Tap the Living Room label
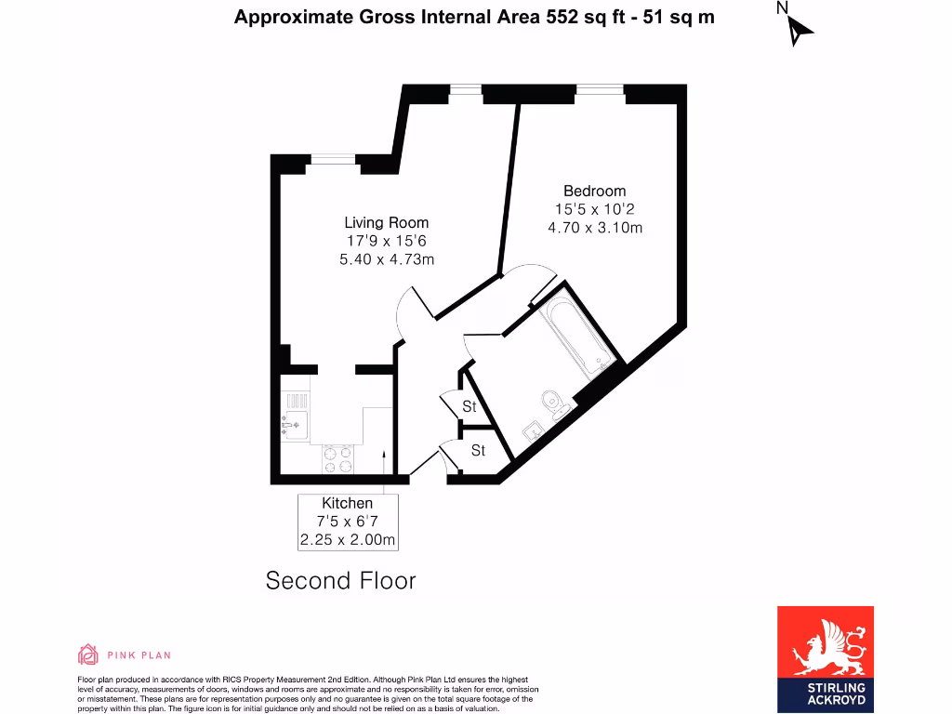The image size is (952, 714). coord(387,222)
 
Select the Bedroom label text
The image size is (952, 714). coord(595,192)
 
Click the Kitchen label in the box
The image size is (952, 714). coord(348,503)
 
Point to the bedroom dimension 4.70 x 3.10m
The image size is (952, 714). coord(595,228)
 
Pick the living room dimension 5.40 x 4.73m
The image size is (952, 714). coord(387,258)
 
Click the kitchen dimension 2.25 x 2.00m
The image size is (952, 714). coord(348,540)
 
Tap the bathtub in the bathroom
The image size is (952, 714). coord(579,336)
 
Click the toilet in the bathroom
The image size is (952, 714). coord(555,403)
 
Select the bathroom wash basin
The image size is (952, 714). coord(533,431)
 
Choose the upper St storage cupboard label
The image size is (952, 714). coord(469,407)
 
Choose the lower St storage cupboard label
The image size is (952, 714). coord(478,451)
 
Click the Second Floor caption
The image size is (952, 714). coord(340,581)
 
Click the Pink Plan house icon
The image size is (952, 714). coord(87,654)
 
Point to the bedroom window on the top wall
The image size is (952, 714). coord(600,90)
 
